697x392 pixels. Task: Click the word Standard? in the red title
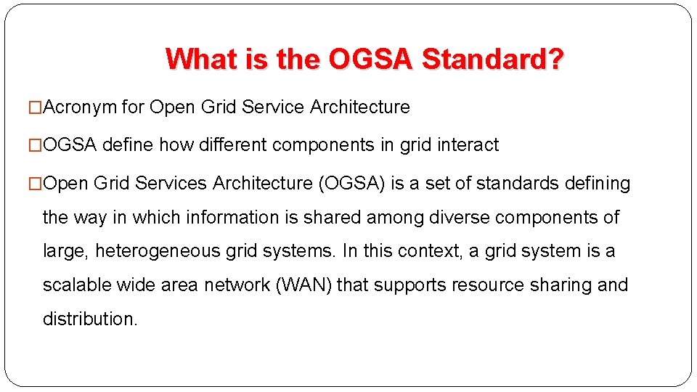(x=492, y=59)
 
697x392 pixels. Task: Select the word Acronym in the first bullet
(x=81, y=107)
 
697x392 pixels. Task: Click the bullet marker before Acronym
(x=36, y=107)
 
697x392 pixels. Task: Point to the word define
(x=128, y=145)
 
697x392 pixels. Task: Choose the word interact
(x=468, y=145)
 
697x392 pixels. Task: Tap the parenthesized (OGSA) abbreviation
(x=352, y=184)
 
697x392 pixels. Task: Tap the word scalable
(x=73, y=285)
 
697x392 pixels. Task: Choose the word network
(x=237, y=285)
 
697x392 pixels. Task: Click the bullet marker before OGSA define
(x=36, y=145)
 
